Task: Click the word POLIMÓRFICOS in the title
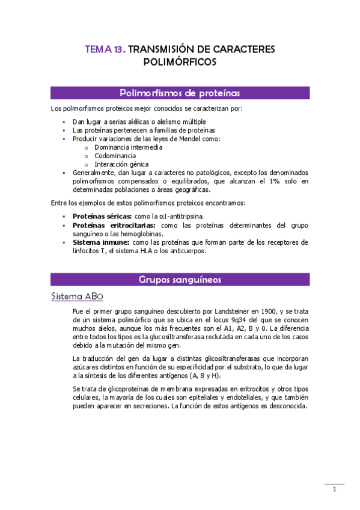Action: point(180,61)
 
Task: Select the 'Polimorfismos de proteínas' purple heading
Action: point(180,93)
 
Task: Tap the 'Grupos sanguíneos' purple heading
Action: point(180,280)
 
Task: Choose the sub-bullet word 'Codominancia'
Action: point(115,155)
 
